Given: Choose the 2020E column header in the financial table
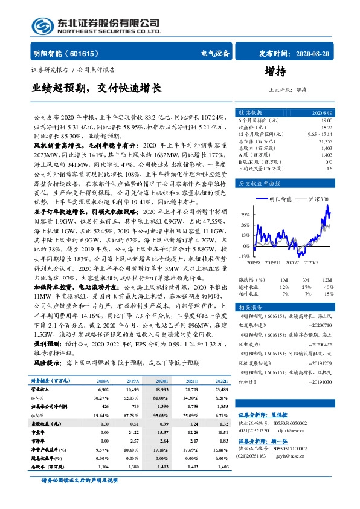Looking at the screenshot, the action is pyautogui.click(x=162, y=381).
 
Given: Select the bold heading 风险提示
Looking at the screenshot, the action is pyautogui.click(x=47, y=362).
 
